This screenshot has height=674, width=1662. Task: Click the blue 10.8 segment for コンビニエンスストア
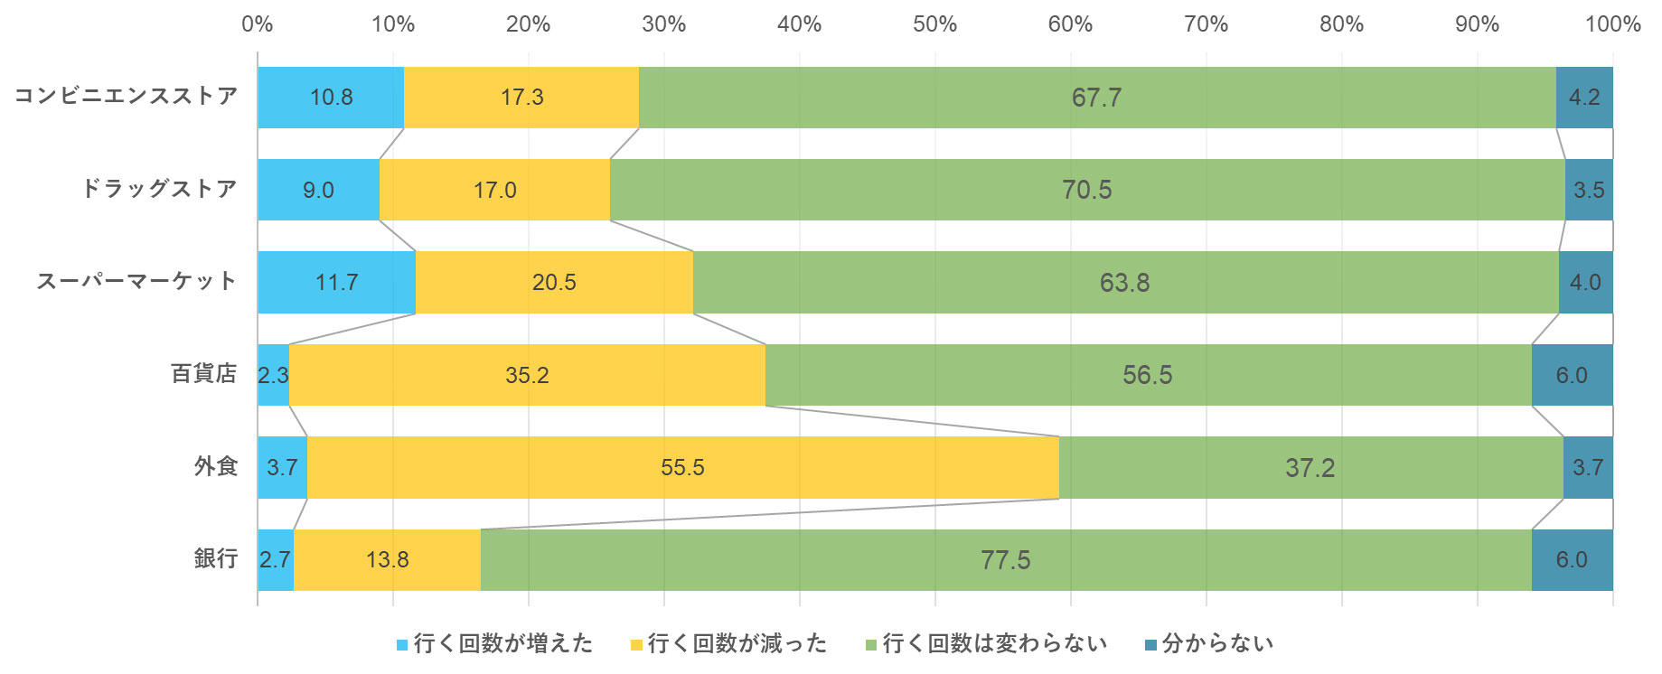331,98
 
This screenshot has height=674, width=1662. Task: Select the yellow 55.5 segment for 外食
682,468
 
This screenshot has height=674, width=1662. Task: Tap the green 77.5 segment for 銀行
1005,560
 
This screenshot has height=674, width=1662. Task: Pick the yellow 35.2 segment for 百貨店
527,375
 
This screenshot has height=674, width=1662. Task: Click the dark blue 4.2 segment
1584,98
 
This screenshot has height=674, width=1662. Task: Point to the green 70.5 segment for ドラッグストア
1086,190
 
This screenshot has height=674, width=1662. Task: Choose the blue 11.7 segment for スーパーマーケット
336,283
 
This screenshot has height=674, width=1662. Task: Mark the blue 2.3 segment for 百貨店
273,375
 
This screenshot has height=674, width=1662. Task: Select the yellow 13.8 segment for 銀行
387,560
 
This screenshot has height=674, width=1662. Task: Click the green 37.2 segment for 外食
1310,468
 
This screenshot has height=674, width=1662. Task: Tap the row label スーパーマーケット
136,282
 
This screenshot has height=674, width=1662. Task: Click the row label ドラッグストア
160,189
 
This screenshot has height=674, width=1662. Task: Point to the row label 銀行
216,558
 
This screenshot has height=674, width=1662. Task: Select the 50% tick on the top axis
934,24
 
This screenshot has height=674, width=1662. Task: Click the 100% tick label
1612,24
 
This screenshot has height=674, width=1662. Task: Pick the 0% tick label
258,24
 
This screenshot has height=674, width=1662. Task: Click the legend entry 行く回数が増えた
502,644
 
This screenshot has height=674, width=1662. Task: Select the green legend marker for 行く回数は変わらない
871,645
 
